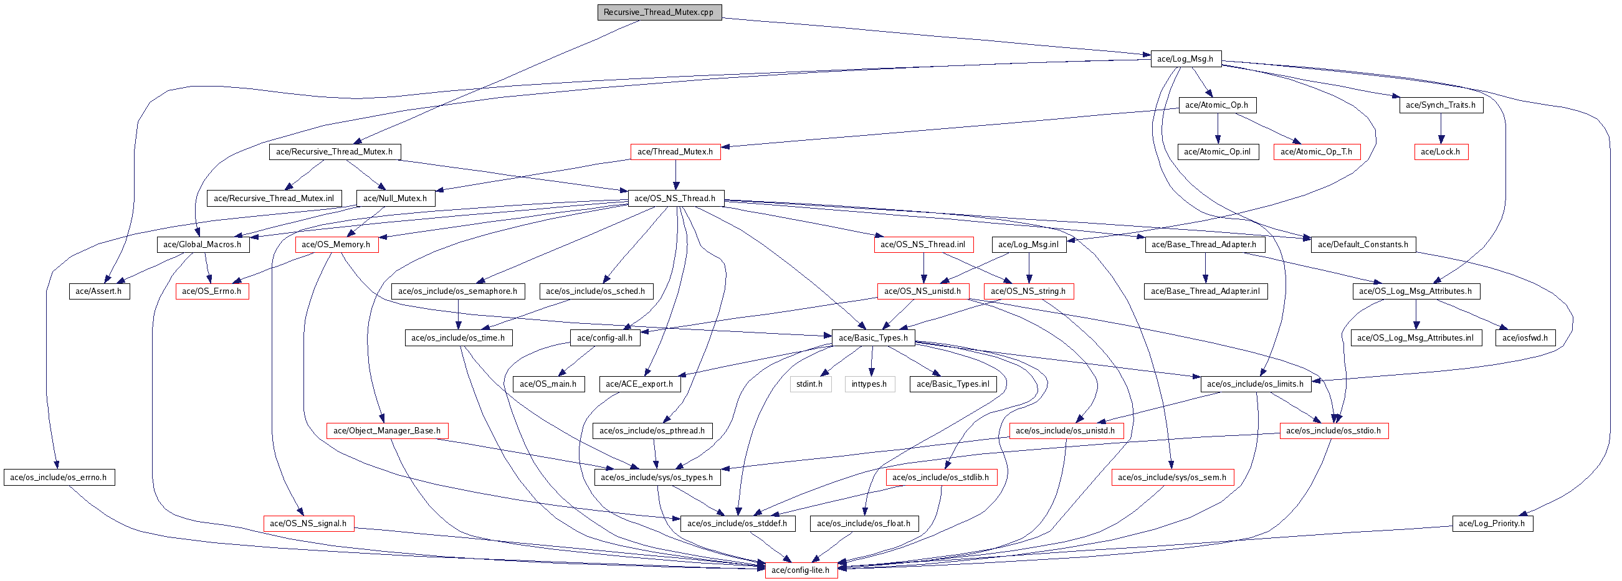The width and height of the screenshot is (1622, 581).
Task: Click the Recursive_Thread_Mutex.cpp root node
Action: pyautogui.click(x=659, y=12)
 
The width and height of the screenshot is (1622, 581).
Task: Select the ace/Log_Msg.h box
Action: pyautogui.click(x=1186, y=59)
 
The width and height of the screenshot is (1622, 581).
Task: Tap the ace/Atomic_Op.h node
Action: pyautogui.click(x=1217, y=105)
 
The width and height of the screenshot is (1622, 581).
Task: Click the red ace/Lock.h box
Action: pyautogui.click(x=1441, y=152)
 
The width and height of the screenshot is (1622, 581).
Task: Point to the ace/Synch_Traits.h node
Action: pyautogui.click(x=1441, y=105)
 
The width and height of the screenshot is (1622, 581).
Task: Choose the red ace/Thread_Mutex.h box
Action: pyautogui.click(x=675, y=152)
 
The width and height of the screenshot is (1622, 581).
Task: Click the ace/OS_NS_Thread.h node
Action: pyautogui.click(x=675, y=198)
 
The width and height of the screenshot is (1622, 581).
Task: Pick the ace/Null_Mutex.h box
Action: pyautogui.click(x=396, y=198)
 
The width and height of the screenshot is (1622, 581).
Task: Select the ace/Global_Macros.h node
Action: pyautogui.click(x=203, y=245)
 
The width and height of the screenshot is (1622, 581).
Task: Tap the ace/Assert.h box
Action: pyautogui.click(x=99, y=291)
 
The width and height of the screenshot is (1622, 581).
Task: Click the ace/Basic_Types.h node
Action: pyautogui.click(x=874, y=338)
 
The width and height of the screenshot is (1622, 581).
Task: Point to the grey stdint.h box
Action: pyautogui.click(x=809, y=384)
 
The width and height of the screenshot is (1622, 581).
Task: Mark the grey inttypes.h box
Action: pyautogui.click(x=869, y=384)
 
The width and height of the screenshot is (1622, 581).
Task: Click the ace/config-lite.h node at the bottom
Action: pyautogui.click(x=801, y=570)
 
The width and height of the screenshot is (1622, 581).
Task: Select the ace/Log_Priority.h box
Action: pyautogui.click(x=1492, y=524)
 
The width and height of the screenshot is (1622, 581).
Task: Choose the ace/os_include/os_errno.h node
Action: pyautogui.click(x=59, y=478)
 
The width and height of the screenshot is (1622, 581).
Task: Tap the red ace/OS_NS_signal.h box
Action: pyautogui.click(x=308, y=524)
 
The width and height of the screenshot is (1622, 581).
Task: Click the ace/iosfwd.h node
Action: pyautogui.click(x=1525, y=338)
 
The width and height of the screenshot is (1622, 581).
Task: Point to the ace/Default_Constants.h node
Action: pyautogui.click(x=1363, y=245)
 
